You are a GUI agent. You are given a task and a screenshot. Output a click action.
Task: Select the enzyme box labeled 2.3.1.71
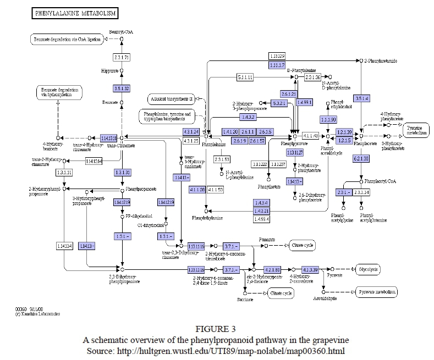coord(122,58)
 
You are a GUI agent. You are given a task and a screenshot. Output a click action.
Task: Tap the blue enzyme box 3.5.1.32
coord(122,88)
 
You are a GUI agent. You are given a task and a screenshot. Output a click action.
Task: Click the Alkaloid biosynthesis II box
coord(171,99)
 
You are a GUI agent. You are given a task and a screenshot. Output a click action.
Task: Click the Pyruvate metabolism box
coord(376,292)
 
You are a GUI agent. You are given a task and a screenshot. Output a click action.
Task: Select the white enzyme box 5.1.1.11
coord(245,77)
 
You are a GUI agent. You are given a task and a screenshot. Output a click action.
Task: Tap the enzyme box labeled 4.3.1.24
coord(190,131)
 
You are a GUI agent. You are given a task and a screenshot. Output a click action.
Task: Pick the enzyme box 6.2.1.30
coord(361,159)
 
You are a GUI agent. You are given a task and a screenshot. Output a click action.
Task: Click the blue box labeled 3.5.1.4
coord(361,98)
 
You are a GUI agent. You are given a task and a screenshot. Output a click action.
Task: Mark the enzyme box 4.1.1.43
coord(311,136)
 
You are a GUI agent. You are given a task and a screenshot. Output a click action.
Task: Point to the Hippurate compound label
coord(110,71)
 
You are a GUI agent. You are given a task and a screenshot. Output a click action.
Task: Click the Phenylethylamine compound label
coord(206,218)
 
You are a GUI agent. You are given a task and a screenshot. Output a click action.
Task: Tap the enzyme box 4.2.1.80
coord(272,270)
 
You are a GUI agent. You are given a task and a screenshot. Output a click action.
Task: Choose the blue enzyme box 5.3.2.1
coord(279,103)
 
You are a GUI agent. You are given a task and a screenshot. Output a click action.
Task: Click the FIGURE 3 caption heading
coord(217,330)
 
